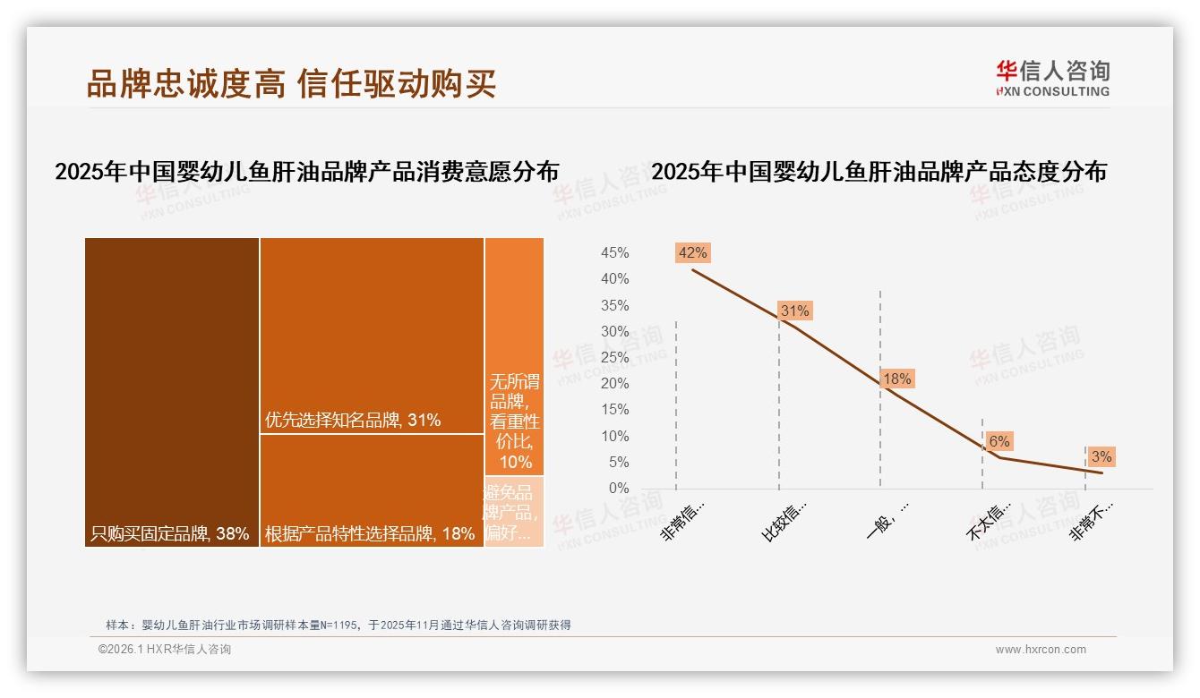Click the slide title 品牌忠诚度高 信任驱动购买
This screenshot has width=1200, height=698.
[291, 83]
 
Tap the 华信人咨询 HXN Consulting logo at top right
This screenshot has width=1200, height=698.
[1052, 78]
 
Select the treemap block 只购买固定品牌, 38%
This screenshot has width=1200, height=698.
[172, 392]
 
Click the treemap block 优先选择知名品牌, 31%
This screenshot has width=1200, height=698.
[372, 336]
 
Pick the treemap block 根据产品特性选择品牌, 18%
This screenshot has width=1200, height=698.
[372, 490]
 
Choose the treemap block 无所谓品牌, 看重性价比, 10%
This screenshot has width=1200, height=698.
[514, 356]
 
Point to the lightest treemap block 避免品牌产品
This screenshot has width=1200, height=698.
[514, 512]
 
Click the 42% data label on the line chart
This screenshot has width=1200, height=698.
[692, 252]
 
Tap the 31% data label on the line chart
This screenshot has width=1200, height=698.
[794, 311]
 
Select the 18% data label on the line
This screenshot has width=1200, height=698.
[896, 379]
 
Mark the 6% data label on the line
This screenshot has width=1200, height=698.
[999, 441]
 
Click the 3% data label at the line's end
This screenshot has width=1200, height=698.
[1101, 456]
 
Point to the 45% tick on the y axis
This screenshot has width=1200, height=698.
[614, 253]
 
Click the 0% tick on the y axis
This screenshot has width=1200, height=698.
[618, 489]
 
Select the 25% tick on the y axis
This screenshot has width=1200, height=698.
[614, 358]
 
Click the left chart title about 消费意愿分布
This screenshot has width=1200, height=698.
[306, 172]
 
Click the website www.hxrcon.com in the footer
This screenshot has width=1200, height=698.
[1040, 650]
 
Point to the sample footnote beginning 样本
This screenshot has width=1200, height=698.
[339, 626]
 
